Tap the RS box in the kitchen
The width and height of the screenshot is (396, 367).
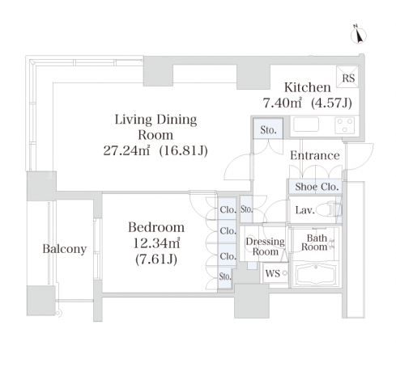point(347,77)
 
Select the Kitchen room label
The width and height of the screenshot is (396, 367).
point(308,87)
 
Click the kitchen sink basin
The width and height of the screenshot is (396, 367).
point(306,124)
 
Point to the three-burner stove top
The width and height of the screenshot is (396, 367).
point(344,125)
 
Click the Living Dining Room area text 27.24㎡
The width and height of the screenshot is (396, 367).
point(126,150)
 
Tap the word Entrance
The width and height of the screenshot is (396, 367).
point(315,155)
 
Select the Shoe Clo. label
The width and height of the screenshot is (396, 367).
point(317,187)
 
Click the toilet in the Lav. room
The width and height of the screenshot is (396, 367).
point(328,209)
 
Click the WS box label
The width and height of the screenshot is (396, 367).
point(273,273)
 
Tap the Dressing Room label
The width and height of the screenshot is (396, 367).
point(265,247)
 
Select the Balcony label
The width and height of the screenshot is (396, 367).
point(65,249)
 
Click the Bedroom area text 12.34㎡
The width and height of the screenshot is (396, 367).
point(156,243)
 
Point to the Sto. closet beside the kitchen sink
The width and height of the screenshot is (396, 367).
point(268,129)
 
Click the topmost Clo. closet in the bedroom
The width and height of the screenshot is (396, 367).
point(228,209)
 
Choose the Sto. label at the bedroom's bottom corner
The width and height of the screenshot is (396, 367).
point(225,276)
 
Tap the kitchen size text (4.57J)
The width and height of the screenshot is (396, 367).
point(331,103)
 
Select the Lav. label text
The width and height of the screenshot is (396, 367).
point(305,210)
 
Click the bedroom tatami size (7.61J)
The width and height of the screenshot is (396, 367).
point(156,259)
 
